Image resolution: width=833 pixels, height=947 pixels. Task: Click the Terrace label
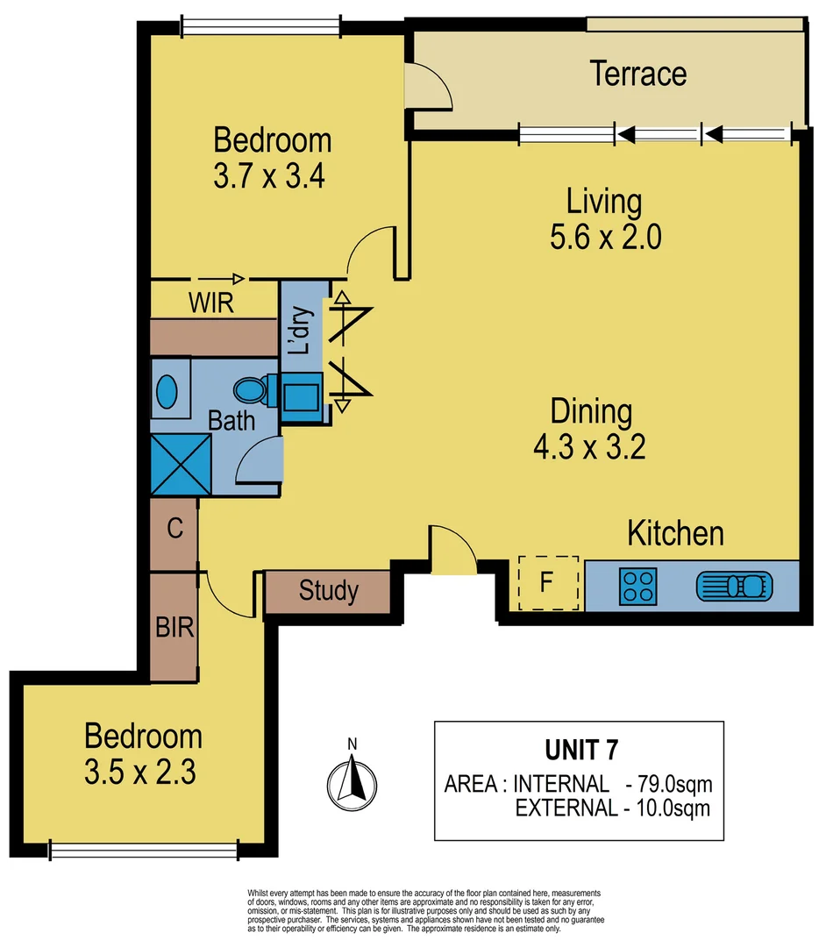[x=637, y=74]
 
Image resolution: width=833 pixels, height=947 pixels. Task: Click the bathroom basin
[x=168, y=391]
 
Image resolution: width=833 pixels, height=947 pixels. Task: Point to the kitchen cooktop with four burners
[x=637, y=586]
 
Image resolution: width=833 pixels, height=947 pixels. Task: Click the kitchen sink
[x=735, y=585]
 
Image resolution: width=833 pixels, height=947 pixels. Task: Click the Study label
[x=328, y=591]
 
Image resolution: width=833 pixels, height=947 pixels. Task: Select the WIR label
[x=211, y=304]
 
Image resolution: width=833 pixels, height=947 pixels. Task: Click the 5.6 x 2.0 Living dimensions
[x=604, y=238]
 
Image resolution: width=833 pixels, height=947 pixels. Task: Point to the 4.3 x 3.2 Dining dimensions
[x=589, y=448]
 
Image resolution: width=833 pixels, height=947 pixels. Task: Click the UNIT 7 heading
[x=580, y=750]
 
